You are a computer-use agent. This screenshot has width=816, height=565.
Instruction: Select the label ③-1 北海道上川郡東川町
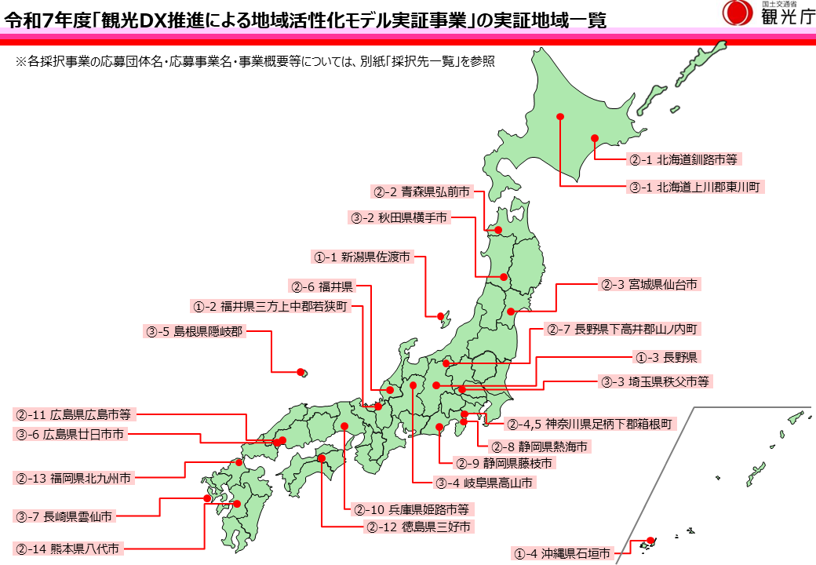(x=695, y=188)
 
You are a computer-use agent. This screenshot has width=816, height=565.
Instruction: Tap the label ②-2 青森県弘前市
(x=421, y=191)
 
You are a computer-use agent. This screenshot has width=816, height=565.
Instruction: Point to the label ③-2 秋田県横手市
(x=399, y=218)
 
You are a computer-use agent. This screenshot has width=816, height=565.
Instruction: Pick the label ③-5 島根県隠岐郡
(x=195, y=331)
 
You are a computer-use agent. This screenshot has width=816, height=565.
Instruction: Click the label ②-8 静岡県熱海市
(x=541, y=447)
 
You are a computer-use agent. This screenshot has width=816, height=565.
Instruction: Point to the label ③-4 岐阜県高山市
(x=484, y=483)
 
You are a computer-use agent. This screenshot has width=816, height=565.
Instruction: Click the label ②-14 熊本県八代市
(x=67, y=549)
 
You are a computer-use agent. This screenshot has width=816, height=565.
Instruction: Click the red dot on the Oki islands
(x=300, y=372)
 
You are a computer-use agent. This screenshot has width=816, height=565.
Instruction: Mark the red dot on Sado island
(x=439, y=316)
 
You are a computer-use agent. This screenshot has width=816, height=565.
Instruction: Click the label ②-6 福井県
(x=322, y=286)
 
